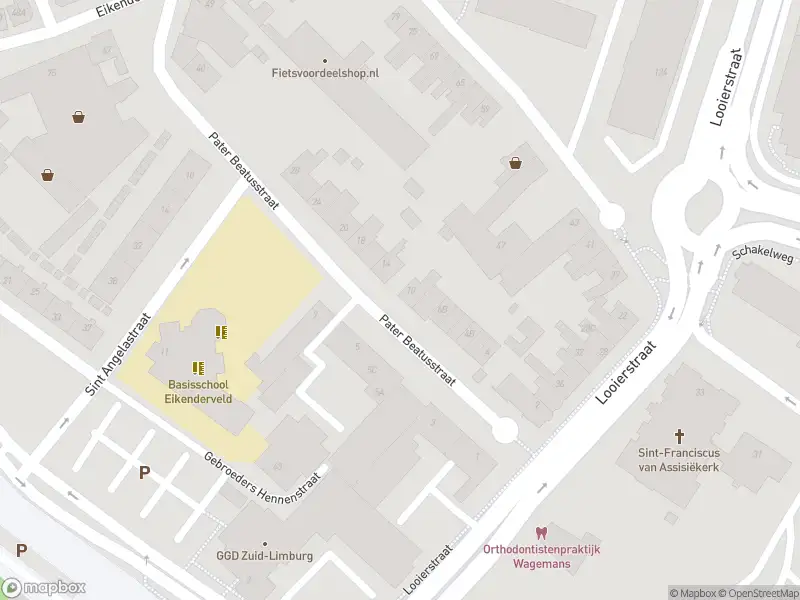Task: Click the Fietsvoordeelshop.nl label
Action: (325, 73)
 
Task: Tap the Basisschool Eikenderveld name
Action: (198, 391)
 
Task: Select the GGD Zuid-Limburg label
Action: (265, 556)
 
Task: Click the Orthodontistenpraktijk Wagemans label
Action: (541, 556)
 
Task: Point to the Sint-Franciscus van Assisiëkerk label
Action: (680, 459)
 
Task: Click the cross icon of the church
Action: (680, 436)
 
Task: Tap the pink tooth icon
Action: (541, 533)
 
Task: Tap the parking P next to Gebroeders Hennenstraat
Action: (145, 472)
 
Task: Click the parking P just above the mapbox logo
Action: (21, 550)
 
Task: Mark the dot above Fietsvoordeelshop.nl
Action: (325, 60)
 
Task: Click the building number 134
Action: (660, 72)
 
